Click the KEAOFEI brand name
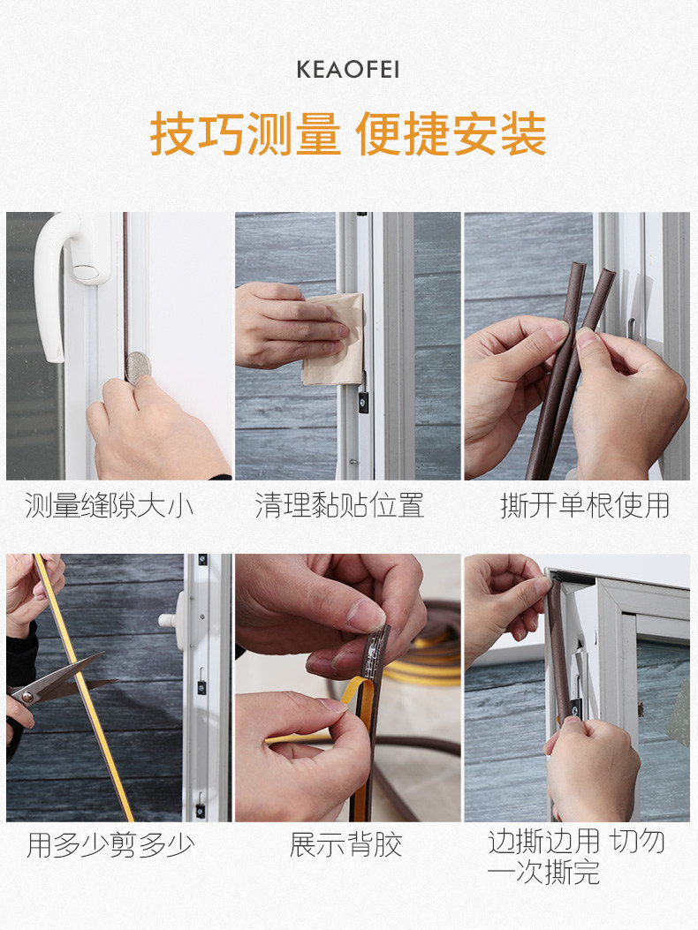click(348, 70)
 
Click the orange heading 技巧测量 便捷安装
click(348, 134)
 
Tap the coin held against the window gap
click(138, 367)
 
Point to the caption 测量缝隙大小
click(110, 507)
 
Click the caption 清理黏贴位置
click(339, 506)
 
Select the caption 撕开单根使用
click(585, 506)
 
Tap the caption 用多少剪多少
click(110, 845)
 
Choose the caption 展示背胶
click(345, 844)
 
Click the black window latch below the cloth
click(363, 402)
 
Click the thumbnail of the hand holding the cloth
click(348, 346)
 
